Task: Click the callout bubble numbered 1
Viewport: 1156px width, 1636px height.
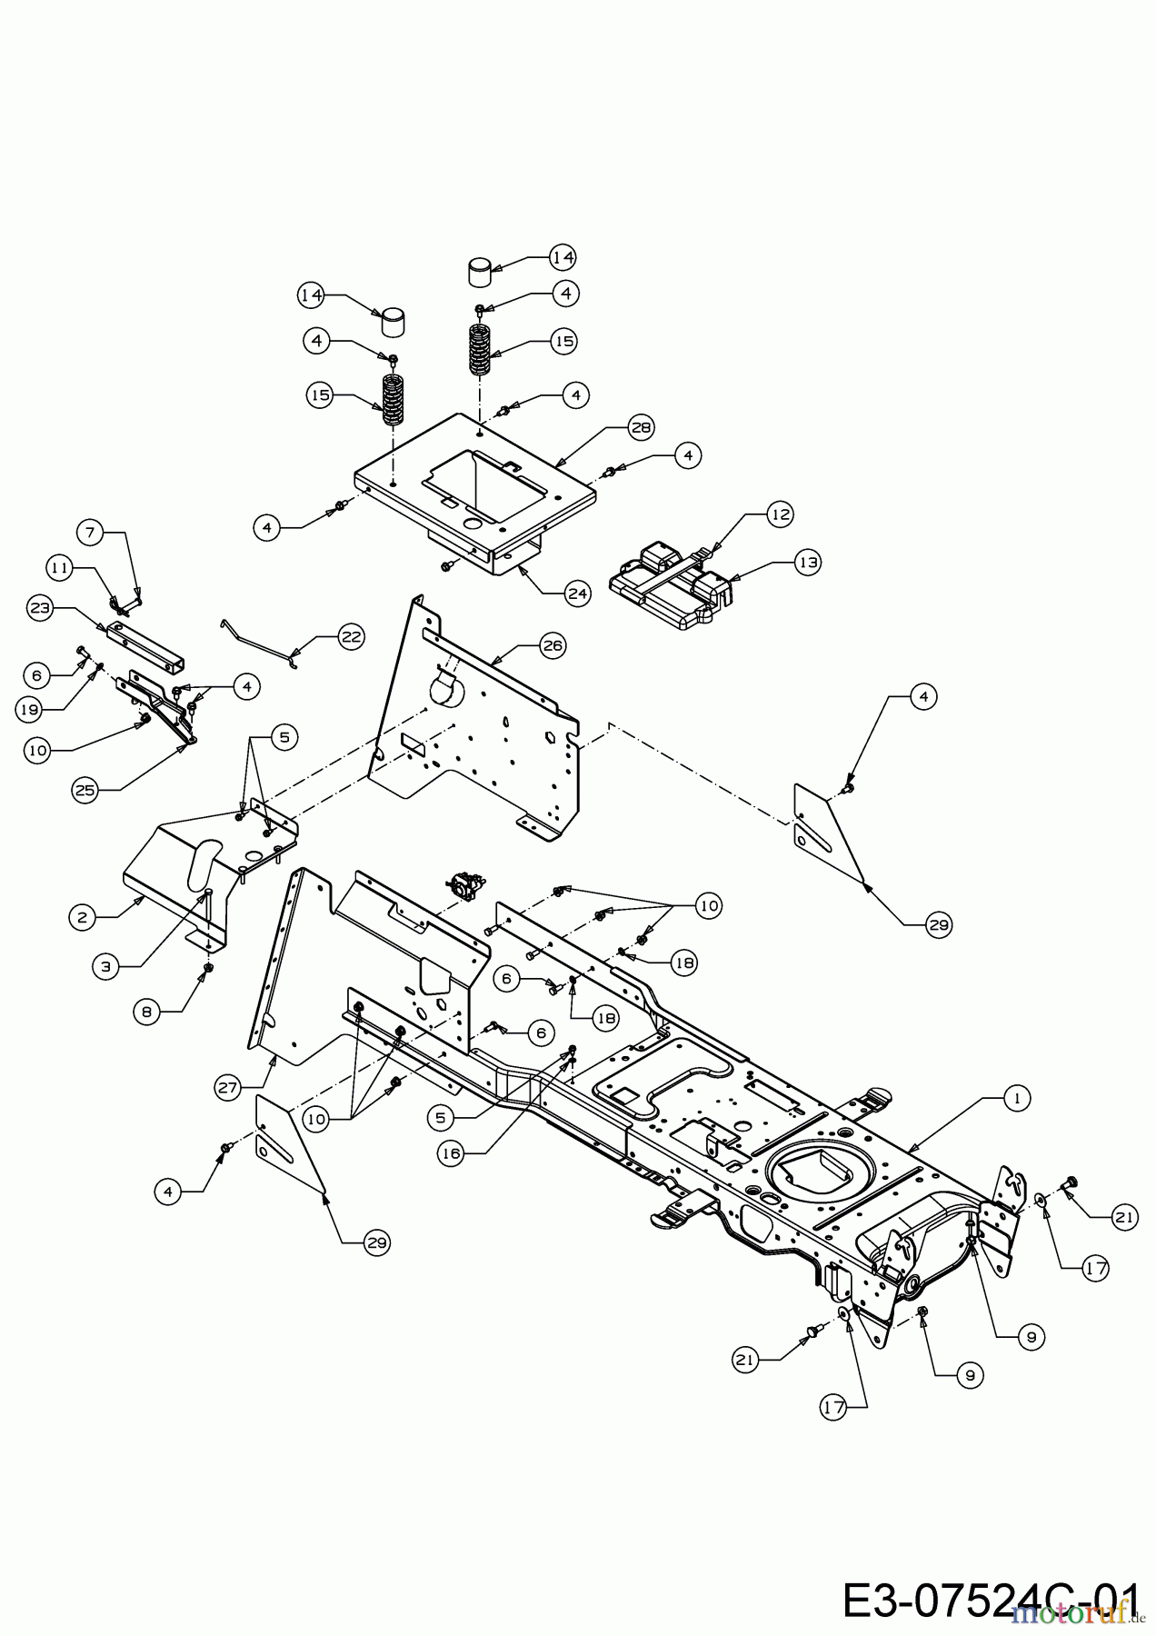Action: pyautogui.click(x=1016, y=1099)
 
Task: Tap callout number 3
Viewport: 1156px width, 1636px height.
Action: pyautogui.click(x=106, y=968)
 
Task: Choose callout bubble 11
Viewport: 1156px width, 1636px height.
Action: pyautogui.click(x=60, y=568)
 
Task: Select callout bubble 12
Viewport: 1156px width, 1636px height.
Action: pyautogui.click(x=780, y=514)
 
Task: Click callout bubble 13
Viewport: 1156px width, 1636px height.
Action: pyautogui.click(x=807, y=563)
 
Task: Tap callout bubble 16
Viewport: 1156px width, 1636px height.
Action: pyautogui.click(x=452, y=1152)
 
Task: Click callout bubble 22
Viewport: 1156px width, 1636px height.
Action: pyautogui.click(x=351, y=637)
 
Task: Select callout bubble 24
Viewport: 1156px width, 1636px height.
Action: pyautogui.click(x=577, y=594)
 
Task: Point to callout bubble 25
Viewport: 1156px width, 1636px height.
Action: pyautogui.click(x=85, y=791)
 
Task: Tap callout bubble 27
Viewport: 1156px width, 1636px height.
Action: pyautogui.click(x=229, y=1084)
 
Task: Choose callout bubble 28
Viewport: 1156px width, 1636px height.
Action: pyautogui.click(x=642, y=427)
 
